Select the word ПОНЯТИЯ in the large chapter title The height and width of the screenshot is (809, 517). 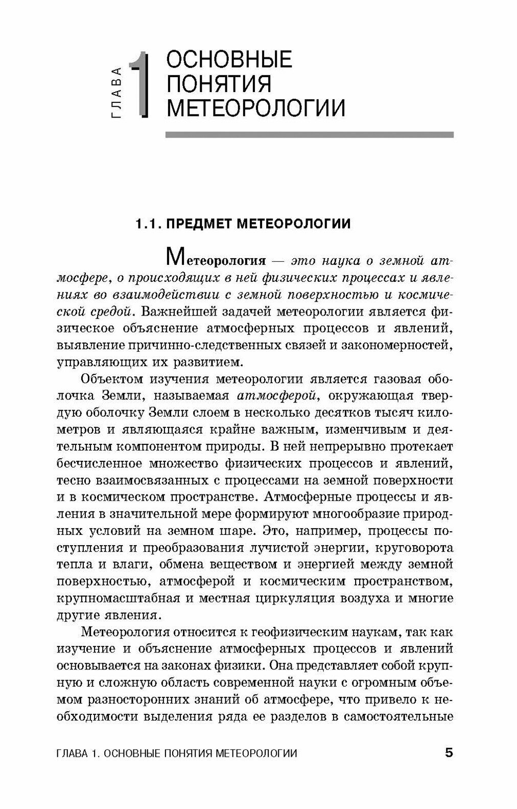click(x=219, y=83)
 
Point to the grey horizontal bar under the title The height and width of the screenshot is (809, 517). click(x=309, y=135)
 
